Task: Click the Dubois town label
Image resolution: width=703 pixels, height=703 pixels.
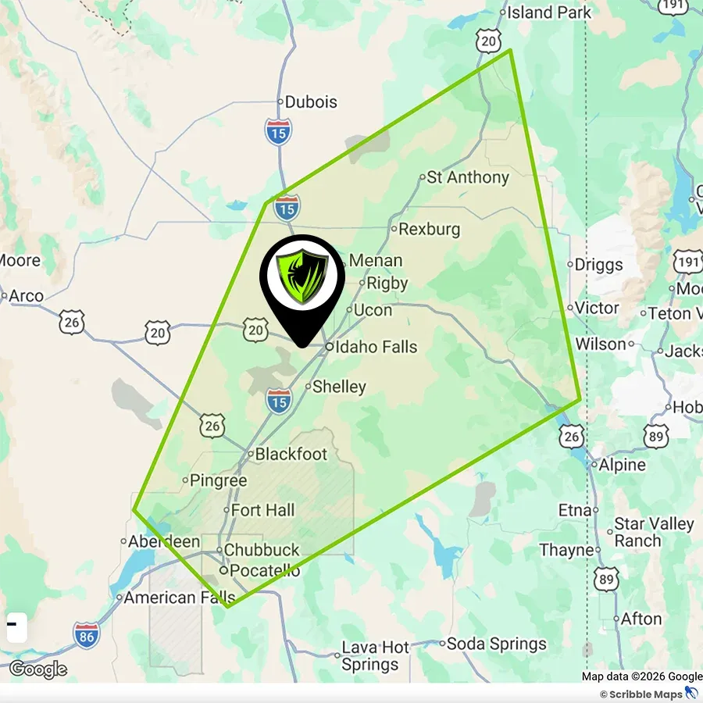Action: point(311,102)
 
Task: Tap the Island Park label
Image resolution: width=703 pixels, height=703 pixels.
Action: point(549,12)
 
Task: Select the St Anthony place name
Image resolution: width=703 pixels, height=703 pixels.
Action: point(468,177)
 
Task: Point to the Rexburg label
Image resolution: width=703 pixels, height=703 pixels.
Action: point(429,230)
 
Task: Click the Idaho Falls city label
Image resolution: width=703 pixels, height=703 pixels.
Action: point(376,347)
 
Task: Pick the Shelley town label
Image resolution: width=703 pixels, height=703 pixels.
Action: point(339,387)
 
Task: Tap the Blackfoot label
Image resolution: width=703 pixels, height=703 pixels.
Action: point(291,454)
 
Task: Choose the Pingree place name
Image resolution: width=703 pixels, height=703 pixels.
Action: point(219,481)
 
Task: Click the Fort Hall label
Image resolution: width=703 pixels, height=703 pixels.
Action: point(263,510)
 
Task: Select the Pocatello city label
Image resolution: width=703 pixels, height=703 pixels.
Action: point(265,571)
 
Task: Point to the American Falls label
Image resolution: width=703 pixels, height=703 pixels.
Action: point(171,598)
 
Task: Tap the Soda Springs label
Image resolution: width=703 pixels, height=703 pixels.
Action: point(497,644)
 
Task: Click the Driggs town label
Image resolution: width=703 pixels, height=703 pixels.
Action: point(599,265)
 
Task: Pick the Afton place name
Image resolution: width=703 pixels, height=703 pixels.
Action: point(641,619)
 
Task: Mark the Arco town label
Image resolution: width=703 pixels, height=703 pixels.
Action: point(27,296)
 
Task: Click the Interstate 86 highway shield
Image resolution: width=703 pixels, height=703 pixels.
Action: point(87,634)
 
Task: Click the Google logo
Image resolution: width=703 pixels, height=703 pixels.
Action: point(37,669)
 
